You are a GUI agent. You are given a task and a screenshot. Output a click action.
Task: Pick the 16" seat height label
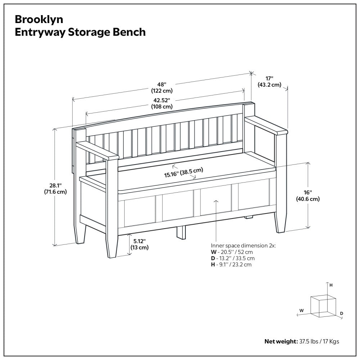(307, 195)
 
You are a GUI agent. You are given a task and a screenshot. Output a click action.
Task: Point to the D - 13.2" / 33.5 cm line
(233, 258)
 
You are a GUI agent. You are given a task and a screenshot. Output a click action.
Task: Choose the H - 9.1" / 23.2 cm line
(231, 265)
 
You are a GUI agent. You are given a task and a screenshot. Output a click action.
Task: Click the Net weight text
(302, 341)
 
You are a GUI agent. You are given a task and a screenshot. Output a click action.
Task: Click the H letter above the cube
(331, 285)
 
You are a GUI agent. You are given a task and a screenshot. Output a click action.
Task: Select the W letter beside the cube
(302, 310)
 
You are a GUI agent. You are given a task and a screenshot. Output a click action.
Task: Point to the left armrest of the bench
(97, 151)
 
